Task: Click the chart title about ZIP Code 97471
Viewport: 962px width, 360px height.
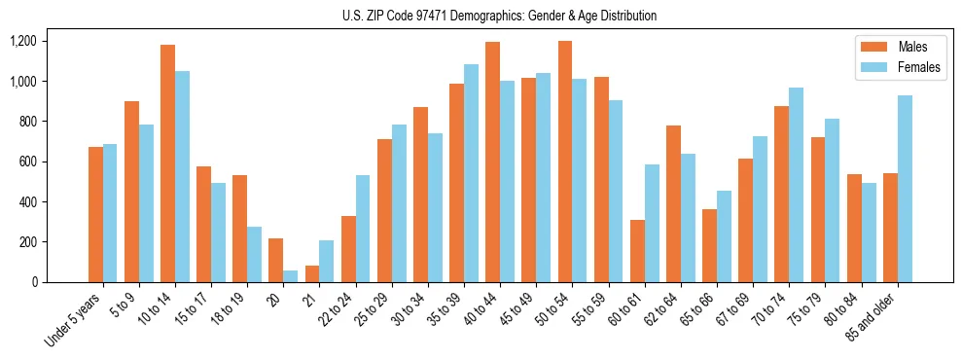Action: pos(499,16)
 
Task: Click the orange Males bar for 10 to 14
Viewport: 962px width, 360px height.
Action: pos(167,163)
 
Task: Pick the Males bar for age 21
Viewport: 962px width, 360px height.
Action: pos(312,273)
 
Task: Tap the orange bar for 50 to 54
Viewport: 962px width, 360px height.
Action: pos(565,162)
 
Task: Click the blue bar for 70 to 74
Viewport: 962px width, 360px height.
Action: pos(796,185)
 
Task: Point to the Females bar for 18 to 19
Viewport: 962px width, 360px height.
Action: pos(254,254)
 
